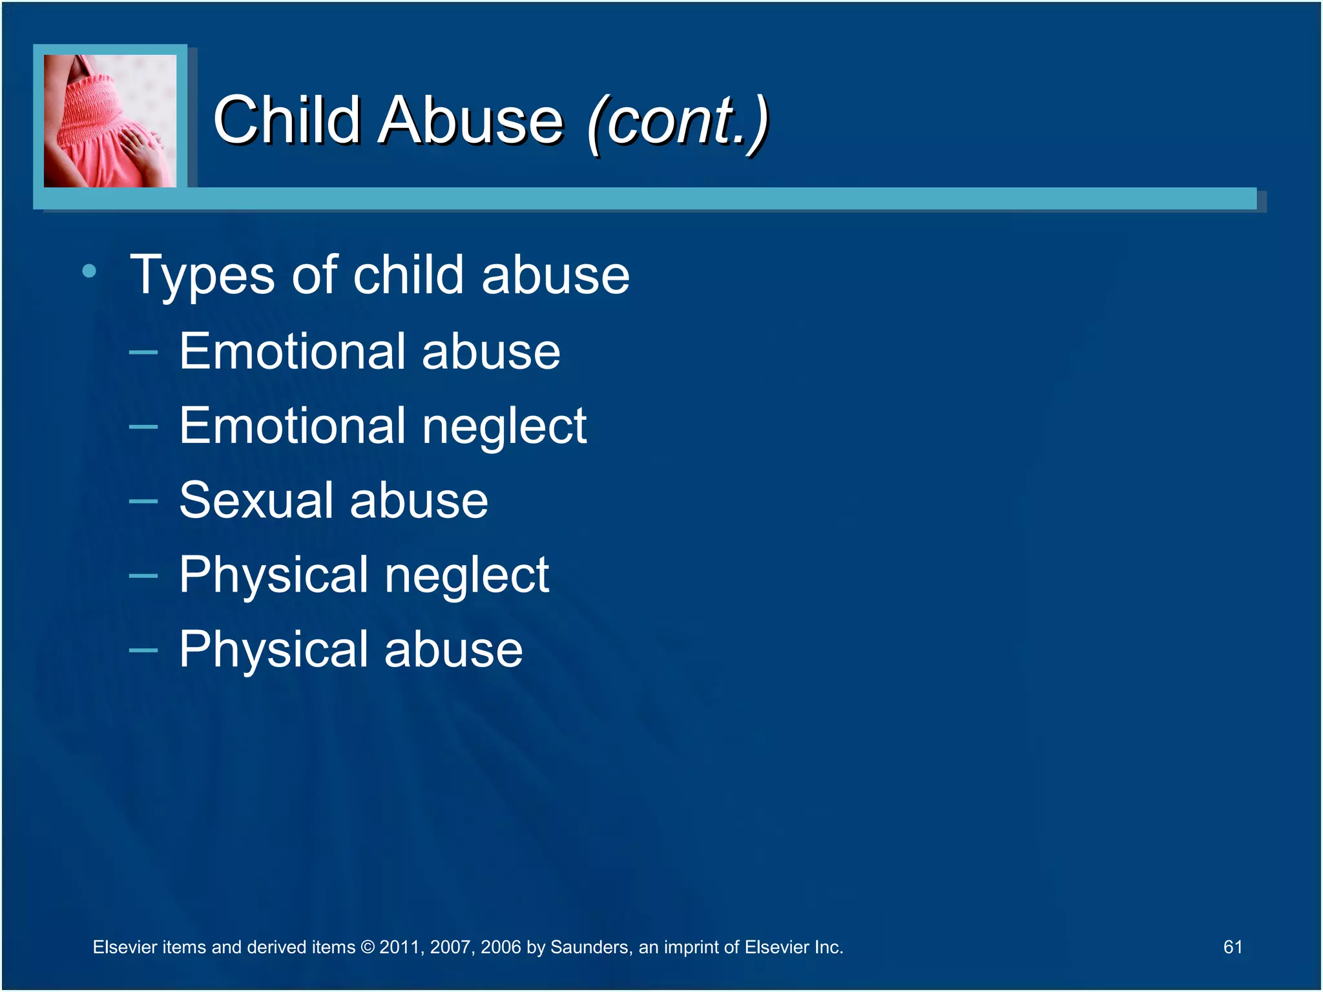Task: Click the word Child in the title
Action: [x=286, y=120]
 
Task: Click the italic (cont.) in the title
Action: [x=678, y=121]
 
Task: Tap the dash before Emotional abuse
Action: [x=143, y=353]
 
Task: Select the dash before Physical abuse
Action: [x=143, y=650]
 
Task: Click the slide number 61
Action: [x=1233, y=947]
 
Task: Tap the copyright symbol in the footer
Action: [x=368, y=947]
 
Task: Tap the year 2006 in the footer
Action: [x=501, y=947]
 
